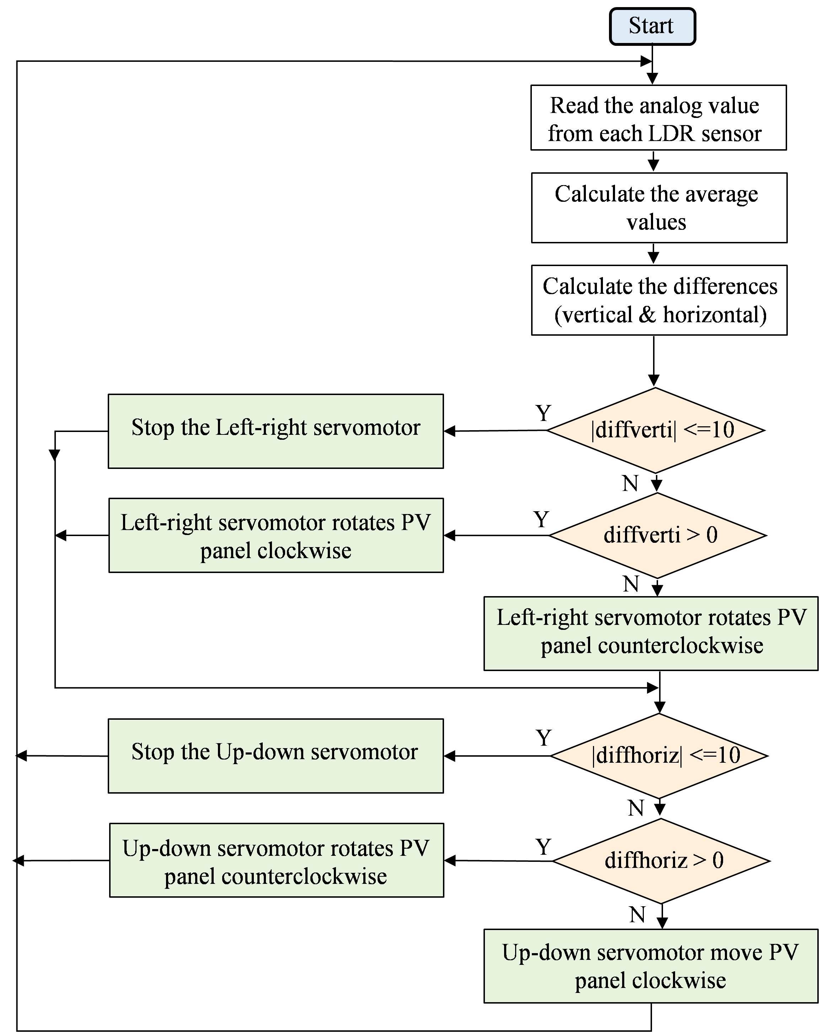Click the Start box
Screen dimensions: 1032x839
coord(652,26)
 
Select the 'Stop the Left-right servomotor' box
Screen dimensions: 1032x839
coord(276,431)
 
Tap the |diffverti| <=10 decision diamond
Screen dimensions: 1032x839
coord(655,430)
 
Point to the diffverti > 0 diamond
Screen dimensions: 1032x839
coord(657,535)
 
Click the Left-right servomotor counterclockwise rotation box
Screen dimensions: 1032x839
coord(651,633)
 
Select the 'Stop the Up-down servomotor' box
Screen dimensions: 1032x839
coord(276,756)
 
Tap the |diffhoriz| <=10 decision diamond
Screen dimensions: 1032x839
coord(659,755)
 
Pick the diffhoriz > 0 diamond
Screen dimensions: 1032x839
coord(661,860)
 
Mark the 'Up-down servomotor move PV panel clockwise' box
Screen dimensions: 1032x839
coord(651,966)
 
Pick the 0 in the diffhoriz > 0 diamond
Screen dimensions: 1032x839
coord(718,860)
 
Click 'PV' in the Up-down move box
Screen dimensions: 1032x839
coord(784,952)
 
